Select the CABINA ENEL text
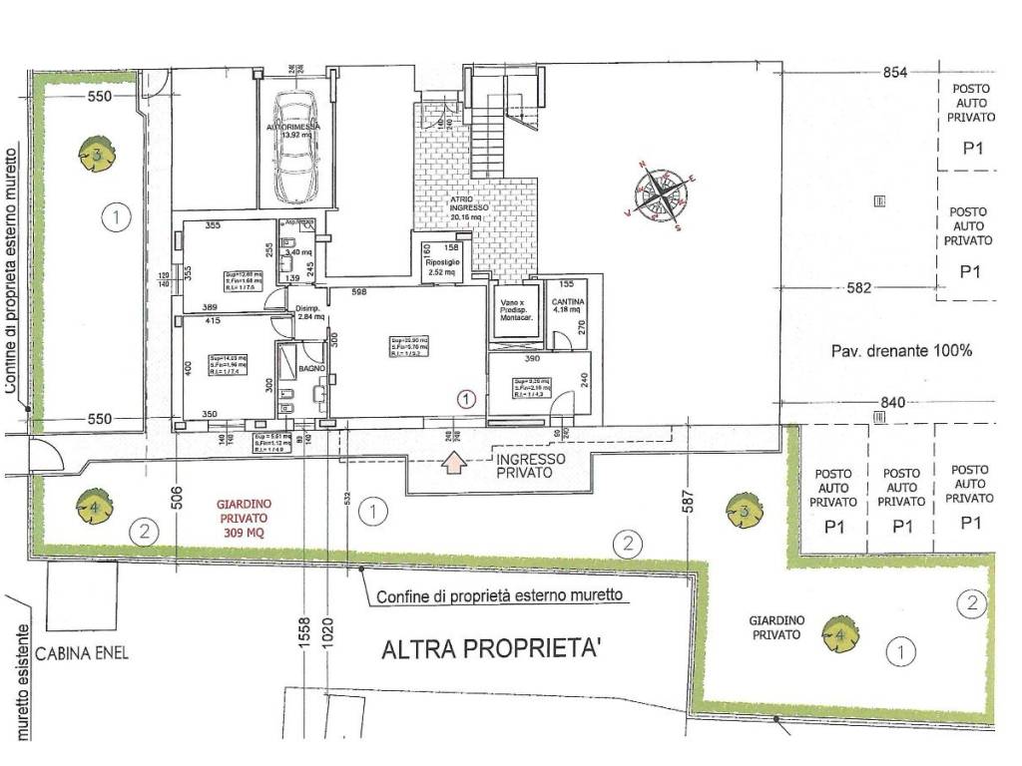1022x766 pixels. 81,655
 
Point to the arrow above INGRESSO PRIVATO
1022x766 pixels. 453,461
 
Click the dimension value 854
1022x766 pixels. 895,73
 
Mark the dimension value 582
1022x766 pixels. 859,288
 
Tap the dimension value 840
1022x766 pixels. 892,403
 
